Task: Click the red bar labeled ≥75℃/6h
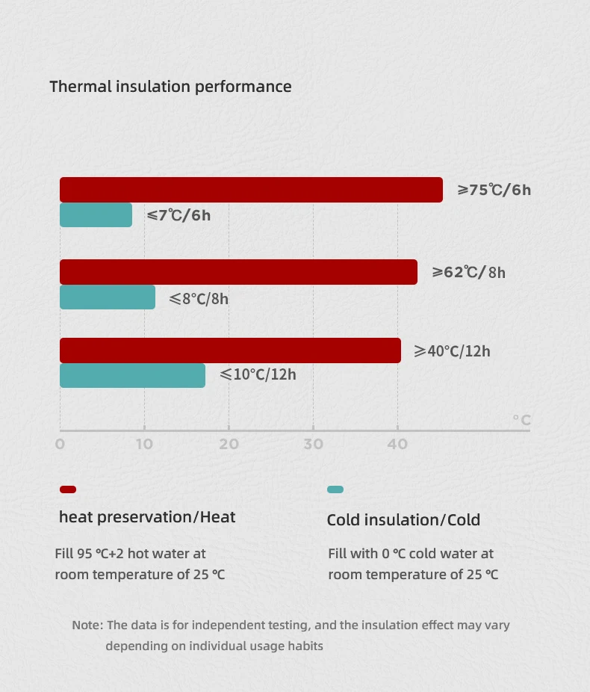pyautogui.click(x=251, y=190)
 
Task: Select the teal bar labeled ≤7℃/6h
pyautogui.click(x=96, y=215)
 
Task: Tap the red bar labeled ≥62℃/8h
pyautogui.click(x=238, y=272)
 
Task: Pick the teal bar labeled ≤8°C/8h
pyautogui.click(x=108, y=297)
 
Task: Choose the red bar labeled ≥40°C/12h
pyautogui.click(x=230, y=350)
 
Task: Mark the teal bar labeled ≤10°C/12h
pyautogui.click(x=132, y=375)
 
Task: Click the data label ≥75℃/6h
pyautogui.click(x=494, y=190)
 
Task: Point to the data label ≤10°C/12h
pyautogui.click(x=258, y=374)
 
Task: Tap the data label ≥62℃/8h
pyautogui.click(x=469, y=272)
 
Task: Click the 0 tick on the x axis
pyautogui.click(x=60, y=444)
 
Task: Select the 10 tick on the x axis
pyautogui.click(x=144, y=444)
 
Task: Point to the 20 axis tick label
pyautogui.click(x=229, y=444)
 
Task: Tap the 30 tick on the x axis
pyautogui.click(x=313, y=444)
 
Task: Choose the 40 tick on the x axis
pyautogui.click(x=397, y=444)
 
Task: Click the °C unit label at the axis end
pyautogui.click(x=521, y=420)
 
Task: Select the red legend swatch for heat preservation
pyautogui.click(x=68, y=489)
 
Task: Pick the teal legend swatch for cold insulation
pyautogui.click(x=335, y=489)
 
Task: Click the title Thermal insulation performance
pyautogui.click(x=170, y=86)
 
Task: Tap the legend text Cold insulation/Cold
pyautogui.click(x=403, y=520)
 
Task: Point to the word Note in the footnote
pyautogui.click(x=87, y=625)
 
